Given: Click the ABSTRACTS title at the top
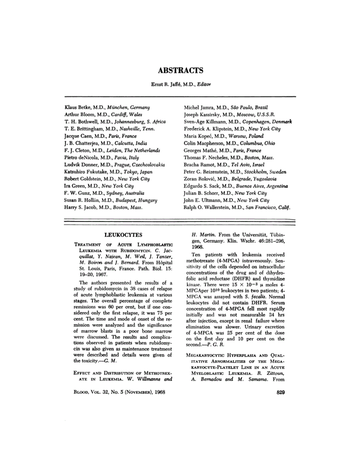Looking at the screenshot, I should point(180,71).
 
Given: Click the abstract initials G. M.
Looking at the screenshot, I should point(116,360).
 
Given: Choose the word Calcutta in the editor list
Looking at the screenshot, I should point(120,143).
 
